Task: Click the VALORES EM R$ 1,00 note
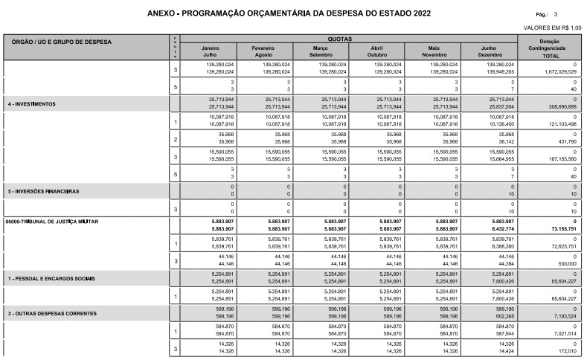[x=553, y=28]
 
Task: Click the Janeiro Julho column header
[x=208, y=51]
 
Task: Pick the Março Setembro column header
[x=321, y=51]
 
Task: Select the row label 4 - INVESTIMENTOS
[x=31, y=103]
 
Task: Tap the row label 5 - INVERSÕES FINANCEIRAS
[x=44, y=191]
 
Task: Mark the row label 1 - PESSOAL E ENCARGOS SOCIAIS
[x=51, y=278]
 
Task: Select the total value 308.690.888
[x=558, y=107]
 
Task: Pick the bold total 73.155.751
[x=559, y=229]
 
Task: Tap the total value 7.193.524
[x=562, y=317]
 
